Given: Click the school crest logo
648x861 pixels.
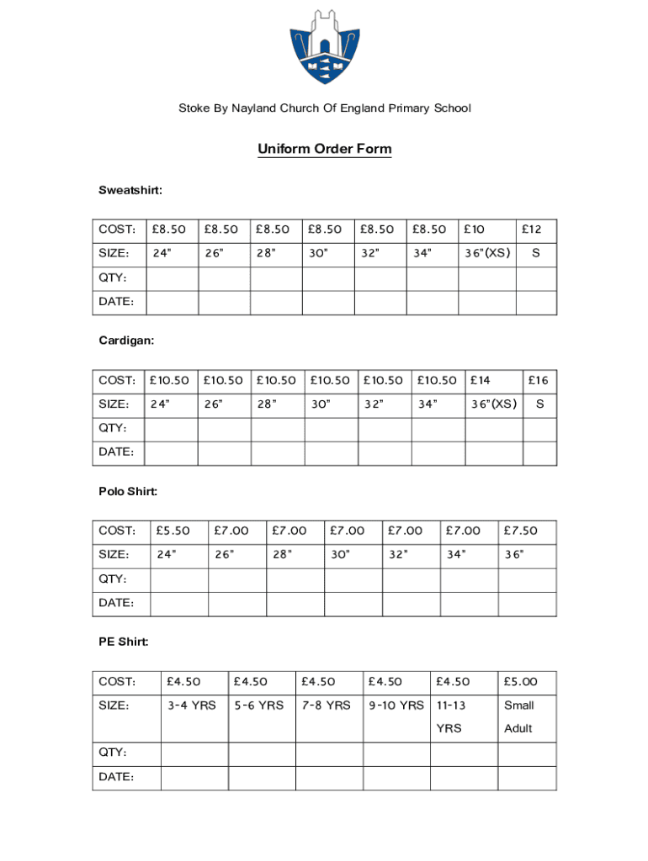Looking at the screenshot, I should [323, 47].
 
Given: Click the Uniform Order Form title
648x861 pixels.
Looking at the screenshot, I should [324, 150].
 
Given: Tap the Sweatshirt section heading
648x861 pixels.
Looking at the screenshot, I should [130, 191].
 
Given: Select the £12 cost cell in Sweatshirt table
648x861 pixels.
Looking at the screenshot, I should [532, 230].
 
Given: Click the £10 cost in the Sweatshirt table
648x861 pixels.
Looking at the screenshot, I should [475, 230].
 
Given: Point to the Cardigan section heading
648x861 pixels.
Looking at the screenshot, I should [126, 341].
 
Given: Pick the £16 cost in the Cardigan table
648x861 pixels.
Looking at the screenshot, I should [538, 381].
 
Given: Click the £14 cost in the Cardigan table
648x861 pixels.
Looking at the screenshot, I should [481, 381].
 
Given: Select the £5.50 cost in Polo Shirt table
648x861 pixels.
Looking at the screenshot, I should [173, 531].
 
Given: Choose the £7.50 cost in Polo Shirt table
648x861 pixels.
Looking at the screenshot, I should [520, 531].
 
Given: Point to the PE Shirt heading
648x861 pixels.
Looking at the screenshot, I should [124, 642].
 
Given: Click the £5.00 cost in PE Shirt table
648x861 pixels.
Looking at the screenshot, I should [520, 682].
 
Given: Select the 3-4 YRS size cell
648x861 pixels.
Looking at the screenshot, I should [191, 705].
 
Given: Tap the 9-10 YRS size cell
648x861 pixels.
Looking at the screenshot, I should [396, 705].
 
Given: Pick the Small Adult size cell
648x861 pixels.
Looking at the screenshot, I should [518, 716].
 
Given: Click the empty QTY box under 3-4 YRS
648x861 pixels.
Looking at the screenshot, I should [194, 753].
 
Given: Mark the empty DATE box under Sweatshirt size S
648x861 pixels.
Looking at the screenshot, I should [535, 302].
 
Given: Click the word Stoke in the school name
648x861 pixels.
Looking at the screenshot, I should [192, 108].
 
